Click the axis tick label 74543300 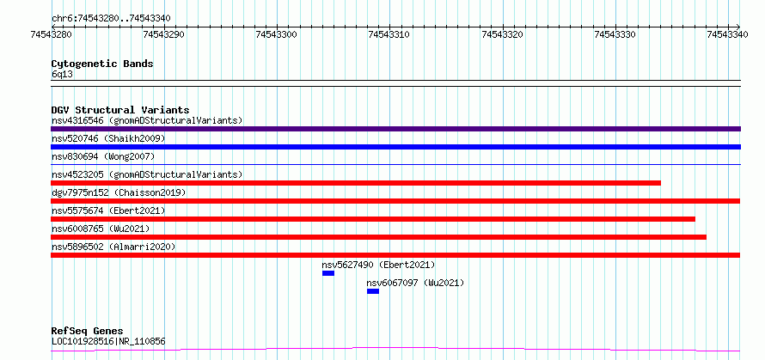point(277,34)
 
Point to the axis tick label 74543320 point(503,34)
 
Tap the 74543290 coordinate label point(164,34)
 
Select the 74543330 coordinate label point(615,34)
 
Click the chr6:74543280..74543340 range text point(111,19)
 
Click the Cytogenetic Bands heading point(102,64)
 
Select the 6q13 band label point(63,75)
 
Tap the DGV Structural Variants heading point(120,110)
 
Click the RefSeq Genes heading point(88,332)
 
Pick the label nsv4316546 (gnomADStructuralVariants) point(147,120)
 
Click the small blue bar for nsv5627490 point(328,273)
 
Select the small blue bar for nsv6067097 point(373,291)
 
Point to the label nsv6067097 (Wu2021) point(415,283)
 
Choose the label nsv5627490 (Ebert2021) point(378,265)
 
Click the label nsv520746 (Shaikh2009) point(108,138)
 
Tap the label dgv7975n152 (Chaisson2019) point(119,192)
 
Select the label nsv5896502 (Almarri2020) point(113,247)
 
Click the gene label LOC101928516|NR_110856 point(108,341)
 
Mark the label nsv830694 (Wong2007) point(103,156)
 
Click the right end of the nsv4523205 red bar point(661,183)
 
